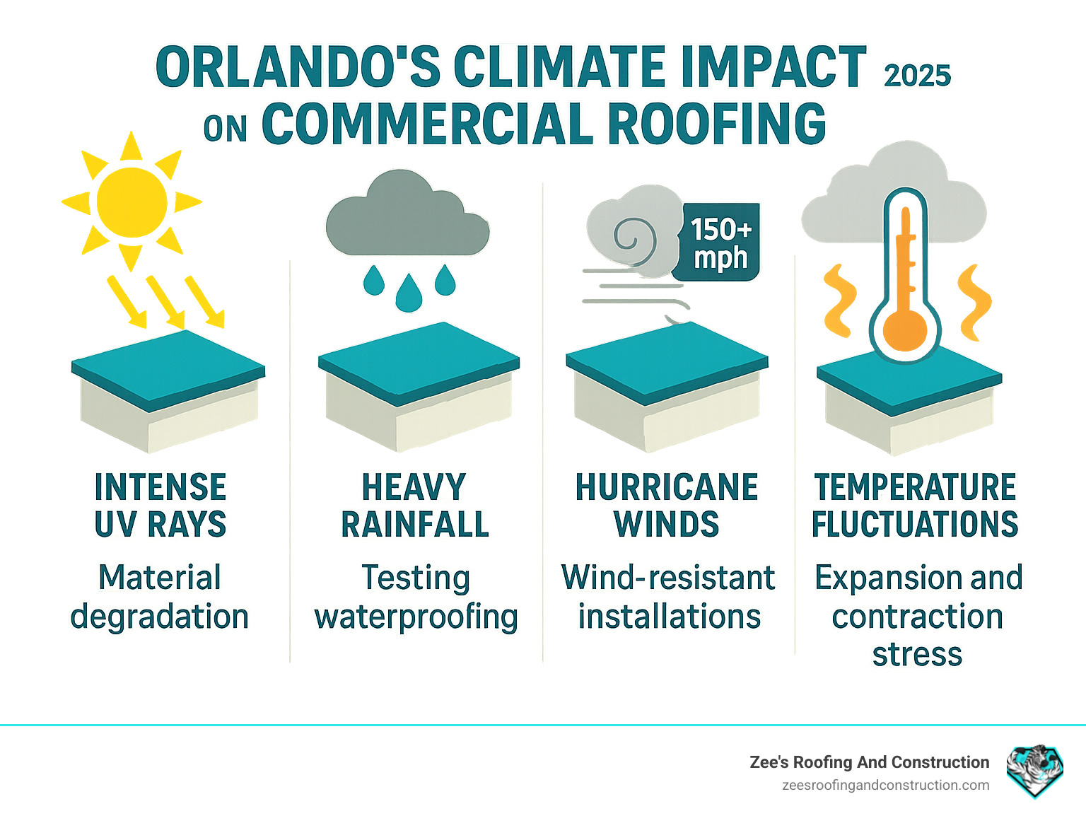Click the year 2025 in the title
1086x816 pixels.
point(917,76)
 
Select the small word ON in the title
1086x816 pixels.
point(226,129)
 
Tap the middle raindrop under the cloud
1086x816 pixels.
point(409,293)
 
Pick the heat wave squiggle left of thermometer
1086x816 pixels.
point(839,301)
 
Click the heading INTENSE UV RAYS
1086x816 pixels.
point(160,506)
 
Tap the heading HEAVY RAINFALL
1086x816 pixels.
point(415,506)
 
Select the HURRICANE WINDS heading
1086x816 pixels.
point(667,506)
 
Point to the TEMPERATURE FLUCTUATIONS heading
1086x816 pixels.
point(915,506)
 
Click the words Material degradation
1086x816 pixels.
point(160,597)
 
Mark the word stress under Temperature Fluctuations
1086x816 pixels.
point(917,654)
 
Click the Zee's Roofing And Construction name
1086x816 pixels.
point(869,762)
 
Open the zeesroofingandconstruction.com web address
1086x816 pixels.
point(885,785)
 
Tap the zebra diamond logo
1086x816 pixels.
point(1035,769)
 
